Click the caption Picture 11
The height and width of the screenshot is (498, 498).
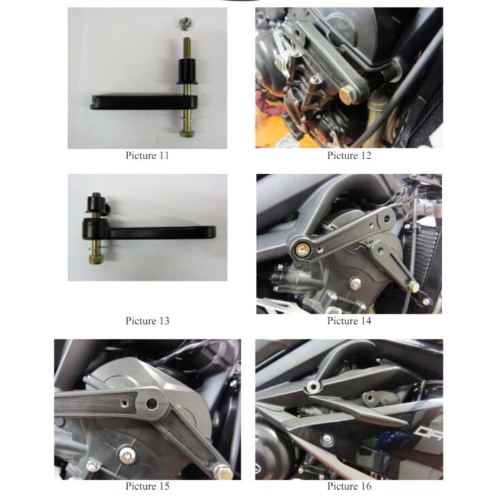148,156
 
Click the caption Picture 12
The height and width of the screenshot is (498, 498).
349,156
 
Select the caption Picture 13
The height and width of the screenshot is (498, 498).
148,321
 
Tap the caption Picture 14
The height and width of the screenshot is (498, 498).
349,321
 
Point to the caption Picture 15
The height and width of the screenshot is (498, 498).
148,486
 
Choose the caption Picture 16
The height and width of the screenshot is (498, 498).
349,486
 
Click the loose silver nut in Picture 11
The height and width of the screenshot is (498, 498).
183,24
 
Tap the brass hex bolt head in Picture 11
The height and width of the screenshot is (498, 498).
186,133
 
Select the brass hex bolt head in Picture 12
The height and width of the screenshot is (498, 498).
348,96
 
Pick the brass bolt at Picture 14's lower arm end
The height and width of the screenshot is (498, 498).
414,287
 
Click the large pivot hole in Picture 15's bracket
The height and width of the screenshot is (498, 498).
152,403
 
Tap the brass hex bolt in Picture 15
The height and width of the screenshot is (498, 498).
222,471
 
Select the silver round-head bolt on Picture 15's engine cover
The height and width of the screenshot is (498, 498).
127,455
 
